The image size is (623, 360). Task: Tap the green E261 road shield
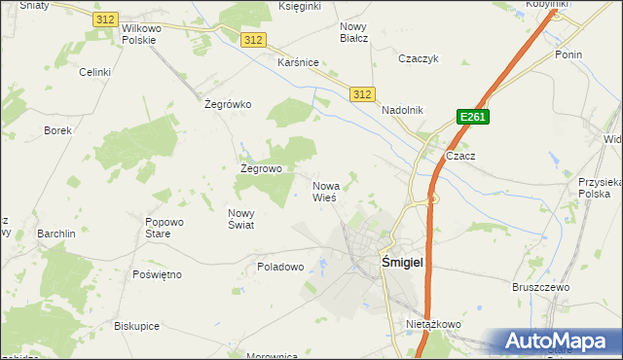pos(472,118)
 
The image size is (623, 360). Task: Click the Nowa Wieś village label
pos(325,191)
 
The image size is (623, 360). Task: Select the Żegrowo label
pos(261,168)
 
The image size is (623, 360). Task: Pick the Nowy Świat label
pos(240,219)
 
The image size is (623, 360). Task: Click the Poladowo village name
pos(281,266)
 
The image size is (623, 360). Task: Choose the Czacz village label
pos(459,156)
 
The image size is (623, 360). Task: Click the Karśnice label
pos(299,62)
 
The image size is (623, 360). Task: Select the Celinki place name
pos(95,72)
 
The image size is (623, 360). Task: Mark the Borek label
pos(57,129)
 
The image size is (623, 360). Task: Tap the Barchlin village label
pos(56,234)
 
